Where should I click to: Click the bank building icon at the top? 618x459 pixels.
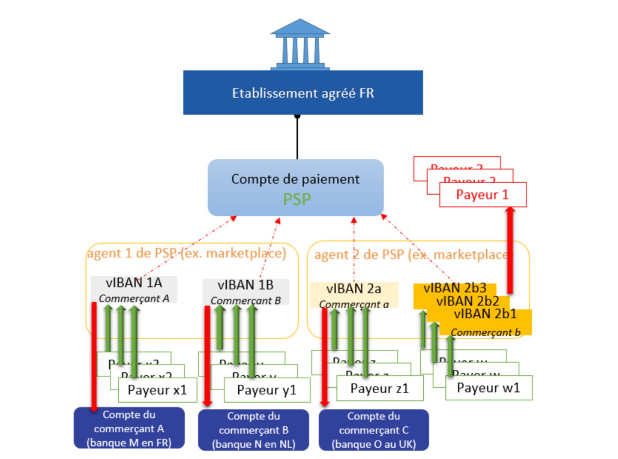(x=300, y=44)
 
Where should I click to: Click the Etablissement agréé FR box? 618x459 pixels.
(x=303, y=93)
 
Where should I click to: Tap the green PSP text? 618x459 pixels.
(x=297, y=199)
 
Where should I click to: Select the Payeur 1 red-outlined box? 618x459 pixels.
(x=483, y=195)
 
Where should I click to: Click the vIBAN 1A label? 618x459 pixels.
(x=134, y=283)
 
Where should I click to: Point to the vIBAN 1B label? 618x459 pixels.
(x=246, y=285)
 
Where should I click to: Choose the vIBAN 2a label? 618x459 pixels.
(x=353, y=289)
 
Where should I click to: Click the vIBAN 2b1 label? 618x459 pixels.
(x=485, y=314)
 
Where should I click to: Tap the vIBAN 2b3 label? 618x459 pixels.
(x=455, y=288)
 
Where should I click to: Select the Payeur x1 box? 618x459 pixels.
(x=157, y=390)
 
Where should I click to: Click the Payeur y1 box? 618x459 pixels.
(x=267, y=390)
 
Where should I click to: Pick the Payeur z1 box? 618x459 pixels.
(x=379, y=388)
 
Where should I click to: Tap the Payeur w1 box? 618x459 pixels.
(x=488, y=388)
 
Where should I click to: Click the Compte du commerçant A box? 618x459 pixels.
(x=129, y=428)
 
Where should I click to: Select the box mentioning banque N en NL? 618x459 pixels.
(x=253, y=430)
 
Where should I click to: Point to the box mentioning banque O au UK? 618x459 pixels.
(x=374, y=430)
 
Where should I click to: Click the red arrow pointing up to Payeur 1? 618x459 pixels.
(x=510, y=251)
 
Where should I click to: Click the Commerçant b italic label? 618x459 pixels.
(x=485, y=332)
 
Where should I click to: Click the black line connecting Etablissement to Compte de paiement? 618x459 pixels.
(x=297, y=137)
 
